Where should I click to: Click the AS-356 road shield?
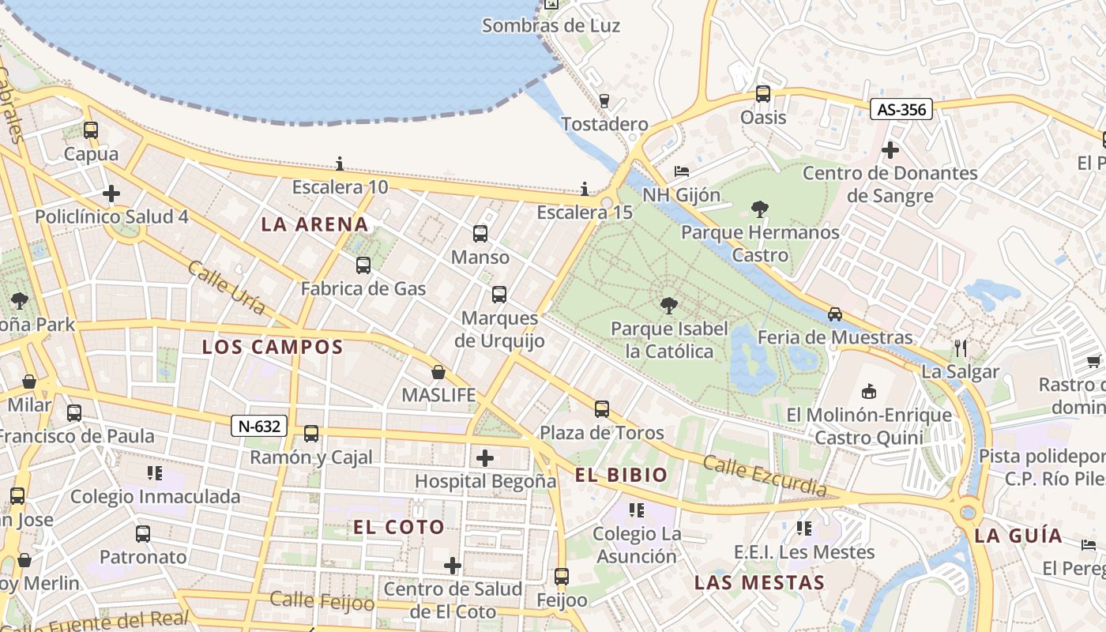tap(901, 109)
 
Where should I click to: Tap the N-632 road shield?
tap(258, 426)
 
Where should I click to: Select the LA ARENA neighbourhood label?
tap(314, 224)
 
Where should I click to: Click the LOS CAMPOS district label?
tap(273, 347)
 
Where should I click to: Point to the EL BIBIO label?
tap(621, 475)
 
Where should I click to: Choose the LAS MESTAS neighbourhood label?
tap(759, 583)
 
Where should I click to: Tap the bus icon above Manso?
tap(480, 233)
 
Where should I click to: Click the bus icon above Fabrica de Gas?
tap(363, 265)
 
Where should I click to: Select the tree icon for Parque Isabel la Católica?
tap(669, 305)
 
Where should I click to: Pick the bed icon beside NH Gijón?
tap(682, 171)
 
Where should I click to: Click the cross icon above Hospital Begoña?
tap(485, 457)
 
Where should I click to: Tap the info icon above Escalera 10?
tap(340, 164)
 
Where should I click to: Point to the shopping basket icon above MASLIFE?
tap(438, 371)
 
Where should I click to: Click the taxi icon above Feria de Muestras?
tap(835, 314)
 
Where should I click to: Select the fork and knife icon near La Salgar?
tap(961, 348)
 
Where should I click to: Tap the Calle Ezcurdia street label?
tap(765, 476)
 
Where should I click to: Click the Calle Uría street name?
tap(227, 288)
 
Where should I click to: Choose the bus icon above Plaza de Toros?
tap(602, 408)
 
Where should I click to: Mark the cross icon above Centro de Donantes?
tap(890, 149)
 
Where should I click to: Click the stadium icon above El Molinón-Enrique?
tap(869, 391)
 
